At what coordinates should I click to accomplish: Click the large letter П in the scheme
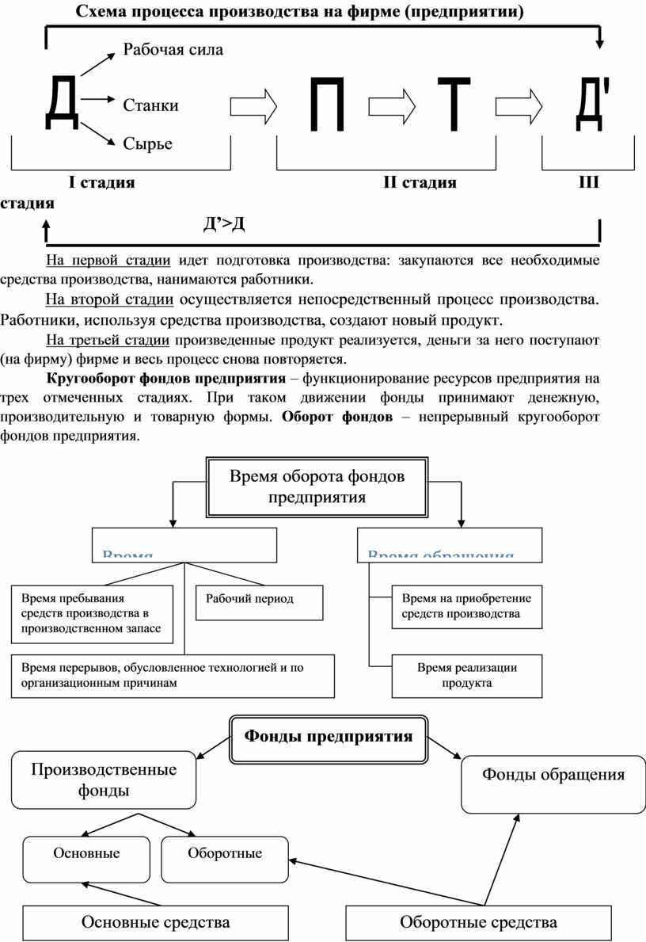[327, 105]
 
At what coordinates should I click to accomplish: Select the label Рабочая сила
[173, 50]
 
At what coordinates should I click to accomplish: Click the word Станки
[150, 105]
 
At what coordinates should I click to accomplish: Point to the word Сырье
[147, 143]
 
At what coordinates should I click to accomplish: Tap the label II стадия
[420, 183]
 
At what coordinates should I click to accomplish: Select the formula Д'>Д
[224, 225]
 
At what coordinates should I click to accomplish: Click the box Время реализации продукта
[467, 675]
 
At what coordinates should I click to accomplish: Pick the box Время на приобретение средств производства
[467, 606]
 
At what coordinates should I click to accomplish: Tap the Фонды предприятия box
[329, 737]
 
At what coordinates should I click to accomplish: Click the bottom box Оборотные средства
[478, 922]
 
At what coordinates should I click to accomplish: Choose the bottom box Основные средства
[156, 922]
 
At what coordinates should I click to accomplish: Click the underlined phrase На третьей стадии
[108, 341]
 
